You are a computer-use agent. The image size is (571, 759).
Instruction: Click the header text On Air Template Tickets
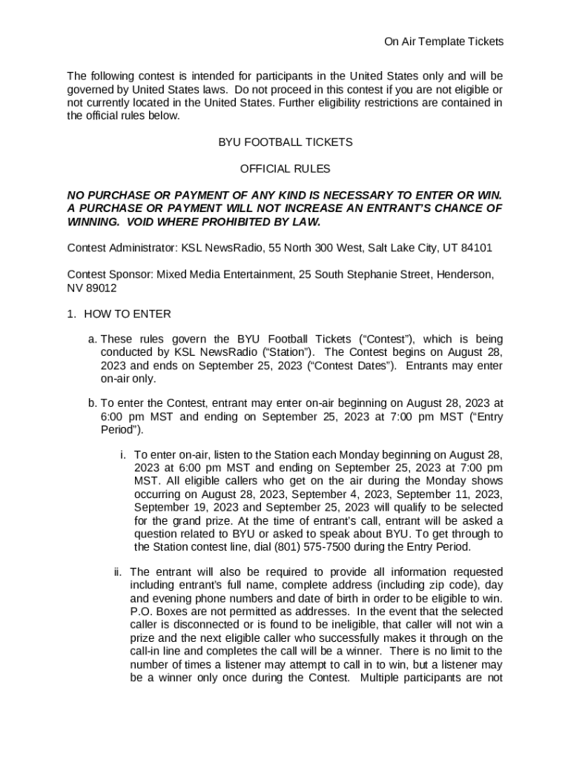(x=443, y=42)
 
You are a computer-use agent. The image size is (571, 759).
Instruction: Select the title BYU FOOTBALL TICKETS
(x=285, y=142)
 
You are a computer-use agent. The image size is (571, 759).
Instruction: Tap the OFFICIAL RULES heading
(x=285, y=169)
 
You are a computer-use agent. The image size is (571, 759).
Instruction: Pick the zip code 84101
(x=477, y=248)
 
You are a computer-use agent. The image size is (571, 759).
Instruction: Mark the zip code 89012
(x=100, y=288)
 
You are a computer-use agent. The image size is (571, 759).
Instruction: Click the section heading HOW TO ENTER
(x=127, y=314)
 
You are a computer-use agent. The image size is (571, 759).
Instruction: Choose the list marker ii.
(x=118, y=571)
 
